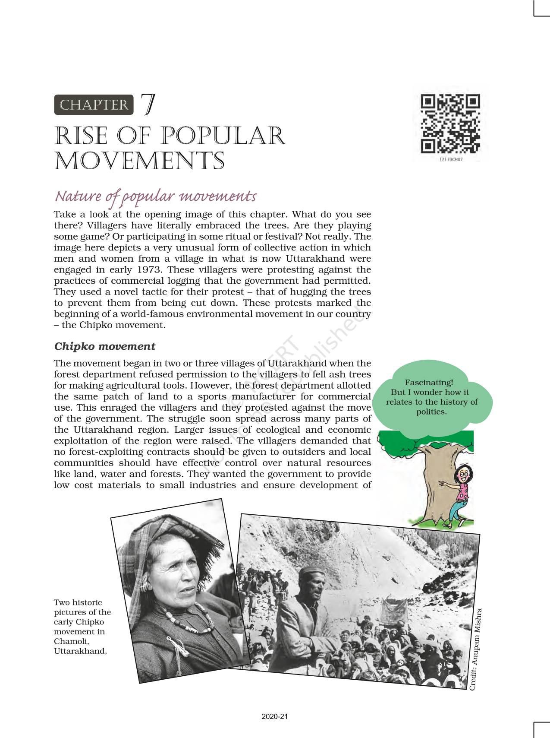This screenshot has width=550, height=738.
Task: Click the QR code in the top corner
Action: tap(450, 124)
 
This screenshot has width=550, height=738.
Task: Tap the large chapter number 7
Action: tap(148, 105)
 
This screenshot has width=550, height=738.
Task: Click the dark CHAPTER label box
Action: tap(94, 105)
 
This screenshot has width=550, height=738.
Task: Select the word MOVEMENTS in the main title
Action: tap(139, 162)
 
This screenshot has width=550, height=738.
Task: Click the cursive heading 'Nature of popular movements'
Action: tap(155, 196)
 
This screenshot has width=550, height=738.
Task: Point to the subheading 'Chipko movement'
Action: tap(104, 346)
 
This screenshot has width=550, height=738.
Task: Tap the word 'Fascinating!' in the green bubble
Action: tap(429, 382)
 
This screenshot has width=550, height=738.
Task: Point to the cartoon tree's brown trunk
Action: tap(434, 484)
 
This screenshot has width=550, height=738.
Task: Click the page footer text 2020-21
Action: tap(274, 716)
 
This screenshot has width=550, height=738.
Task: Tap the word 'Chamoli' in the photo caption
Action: tap(71, 641)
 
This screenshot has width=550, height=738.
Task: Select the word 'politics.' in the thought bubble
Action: tap(431, 412)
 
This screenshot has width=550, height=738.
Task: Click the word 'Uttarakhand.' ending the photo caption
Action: tap(80, 651)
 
